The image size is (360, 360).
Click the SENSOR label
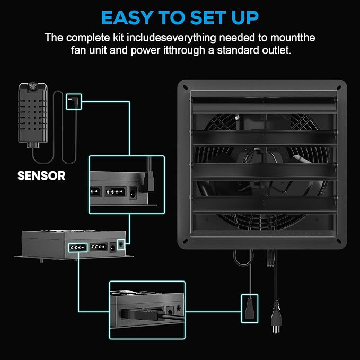point(41,176)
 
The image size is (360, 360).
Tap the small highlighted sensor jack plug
point(74,101)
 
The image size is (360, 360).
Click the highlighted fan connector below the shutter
point(250,309)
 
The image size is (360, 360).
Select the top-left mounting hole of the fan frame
point(185,87)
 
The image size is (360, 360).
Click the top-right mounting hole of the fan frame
point(339,87)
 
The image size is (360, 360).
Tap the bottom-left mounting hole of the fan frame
point(185,241)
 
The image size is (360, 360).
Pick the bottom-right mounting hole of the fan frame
point(339,241)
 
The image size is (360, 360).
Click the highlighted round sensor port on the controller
point(121,245)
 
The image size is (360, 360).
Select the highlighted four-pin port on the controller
point(78,248)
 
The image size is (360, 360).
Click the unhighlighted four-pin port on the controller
point(99,247)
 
